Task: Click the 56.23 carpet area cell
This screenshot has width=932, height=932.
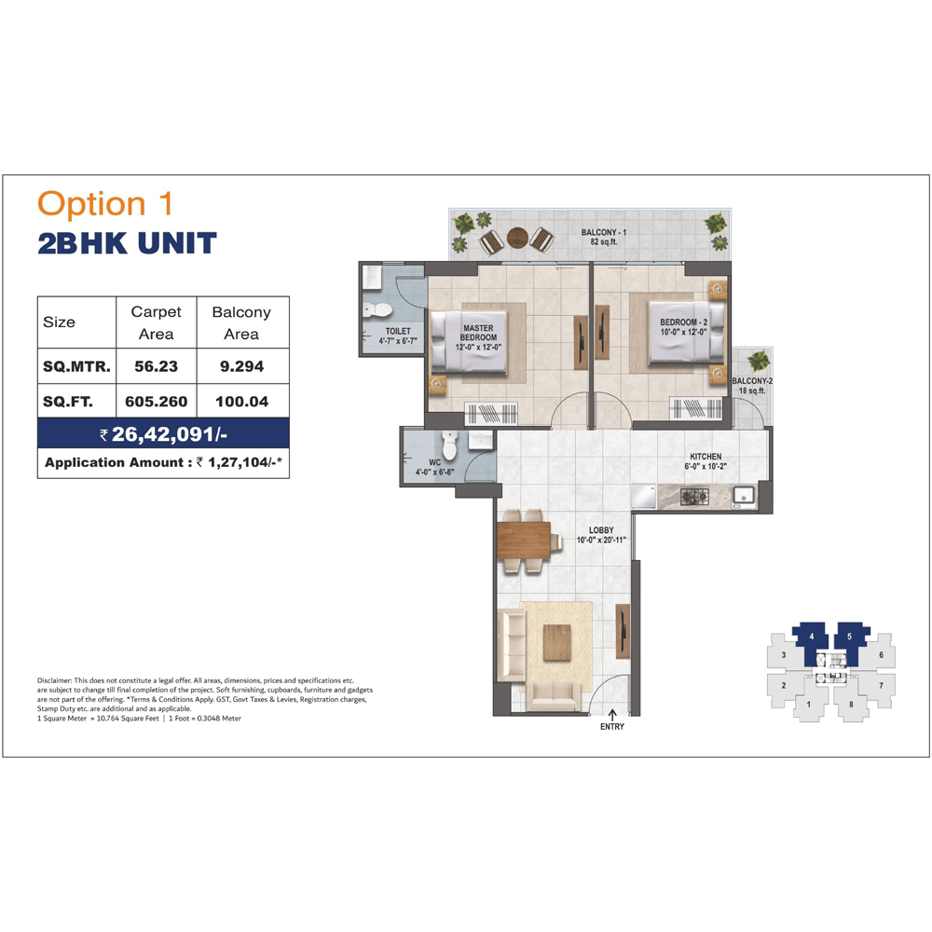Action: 157,366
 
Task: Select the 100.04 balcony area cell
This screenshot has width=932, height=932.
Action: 242,401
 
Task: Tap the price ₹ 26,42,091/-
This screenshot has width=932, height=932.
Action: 163,434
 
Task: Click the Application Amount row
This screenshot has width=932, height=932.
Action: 163,462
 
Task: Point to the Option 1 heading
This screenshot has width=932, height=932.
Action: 105,205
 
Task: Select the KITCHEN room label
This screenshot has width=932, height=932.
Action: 706,457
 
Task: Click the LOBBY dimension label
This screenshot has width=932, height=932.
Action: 601,540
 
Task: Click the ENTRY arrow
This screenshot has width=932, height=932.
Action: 612,715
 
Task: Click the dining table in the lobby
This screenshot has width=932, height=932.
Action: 524,540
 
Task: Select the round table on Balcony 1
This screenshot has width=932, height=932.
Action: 517,239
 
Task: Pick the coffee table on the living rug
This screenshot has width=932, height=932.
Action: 557,642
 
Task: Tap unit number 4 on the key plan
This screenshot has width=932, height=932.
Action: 812,637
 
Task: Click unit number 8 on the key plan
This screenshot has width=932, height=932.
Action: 851,705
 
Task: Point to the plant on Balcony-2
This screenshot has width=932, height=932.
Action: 759,360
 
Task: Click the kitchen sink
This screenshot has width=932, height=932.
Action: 743,495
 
